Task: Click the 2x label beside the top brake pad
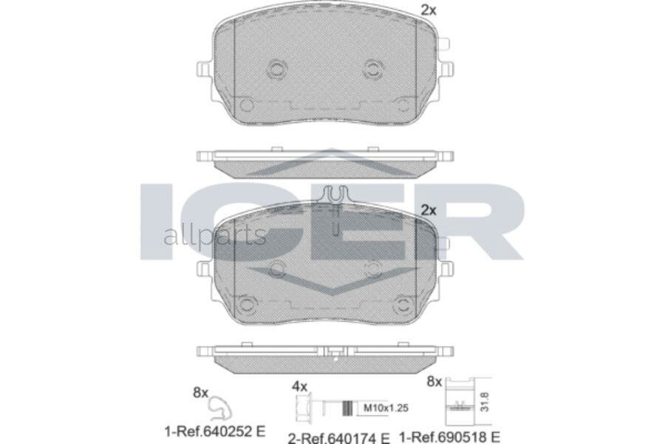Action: [x=429, y=10]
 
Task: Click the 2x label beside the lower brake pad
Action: [x=429, y=209]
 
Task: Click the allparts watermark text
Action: [x=214, y=236]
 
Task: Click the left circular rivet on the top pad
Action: [x=277, y=70]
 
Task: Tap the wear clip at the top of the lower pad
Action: [x=335, y=197]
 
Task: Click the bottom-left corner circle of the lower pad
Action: [x=248, y=303]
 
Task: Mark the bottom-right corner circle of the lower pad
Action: [x=403, y=303]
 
